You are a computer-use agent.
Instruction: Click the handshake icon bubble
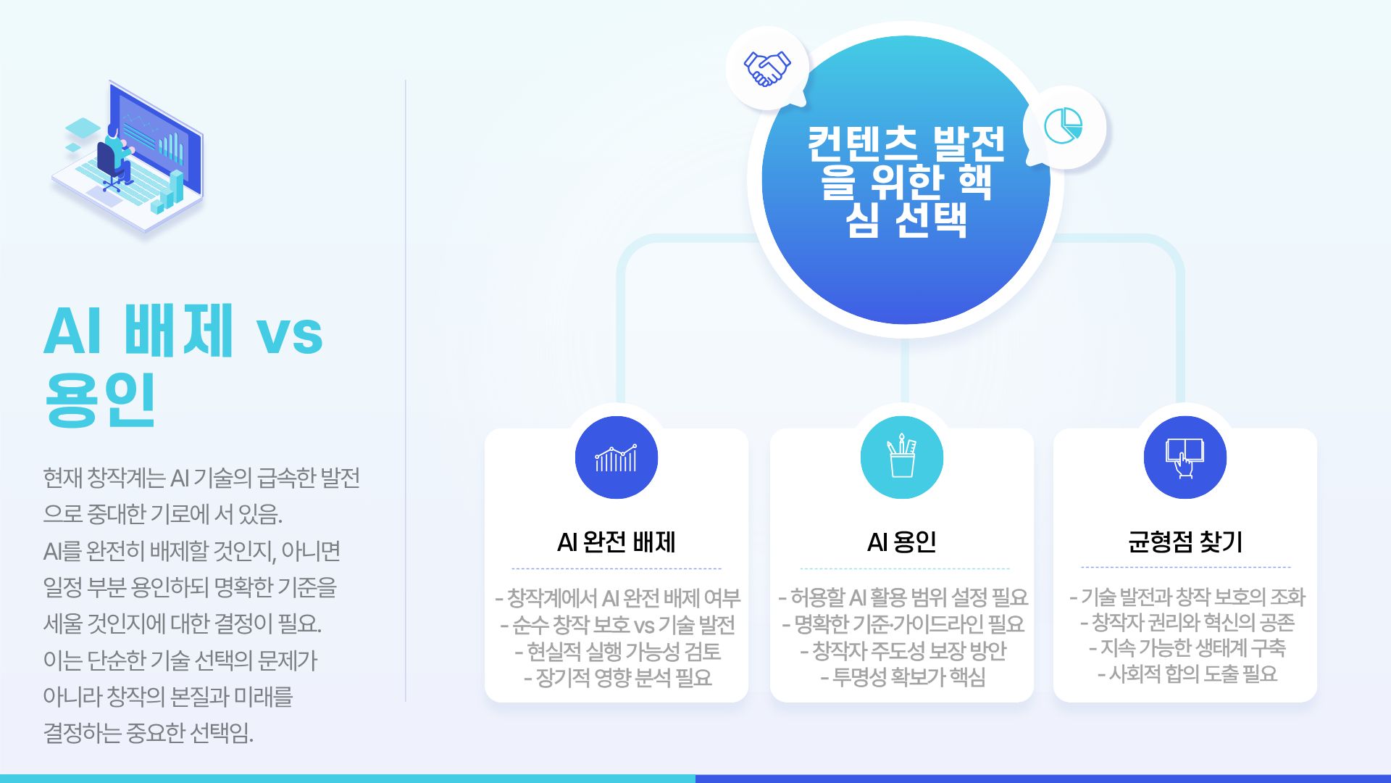click(x=767, y=68)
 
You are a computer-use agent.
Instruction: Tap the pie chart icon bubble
click(x=1064, y=127)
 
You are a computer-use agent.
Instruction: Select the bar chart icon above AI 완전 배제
click(x=617, y=457)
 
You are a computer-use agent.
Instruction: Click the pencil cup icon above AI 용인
click(x=902, y=457)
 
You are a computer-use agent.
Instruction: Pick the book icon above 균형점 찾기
click(x=1185, y=457)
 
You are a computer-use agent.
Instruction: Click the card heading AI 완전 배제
click(x=617, y=542)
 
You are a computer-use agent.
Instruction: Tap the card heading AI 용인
click(x=902, y=542)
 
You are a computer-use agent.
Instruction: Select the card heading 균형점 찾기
click(x=1185, y=542)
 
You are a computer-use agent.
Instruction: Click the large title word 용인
click(x=100, y=399)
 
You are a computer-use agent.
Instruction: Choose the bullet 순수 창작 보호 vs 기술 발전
click(x=617, y=625)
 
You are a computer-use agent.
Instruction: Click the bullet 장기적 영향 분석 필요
click(x=617, y=678)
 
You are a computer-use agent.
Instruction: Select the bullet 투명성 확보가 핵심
click(x=903, y=677)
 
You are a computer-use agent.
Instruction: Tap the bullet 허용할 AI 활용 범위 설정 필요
click(x=903, y=597)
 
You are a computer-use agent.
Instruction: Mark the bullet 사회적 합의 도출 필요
click(x=1187, y=674)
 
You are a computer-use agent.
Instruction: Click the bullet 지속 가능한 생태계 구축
click(x=1187, y=648)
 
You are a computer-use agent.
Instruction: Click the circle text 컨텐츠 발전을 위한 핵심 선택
click(x=906, y=182)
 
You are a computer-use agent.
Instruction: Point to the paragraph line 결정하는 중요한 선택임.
click(x=149, y=733)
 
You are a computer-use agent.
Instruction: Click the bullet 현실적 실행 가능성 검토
click(x=617, y=652)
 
